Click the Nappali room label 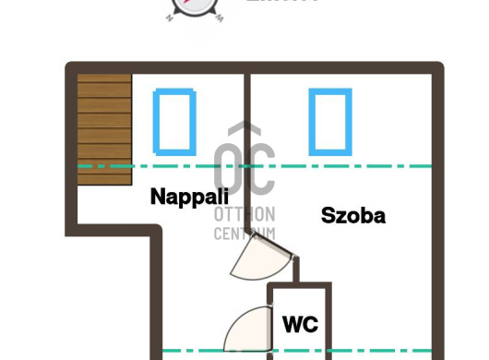tap(188, 197)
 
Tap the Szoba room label tap(352, 216)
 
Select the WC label tap(300, 324)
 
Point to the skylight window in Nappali tap(175, 120)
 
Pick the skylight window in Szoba tap(329, 120)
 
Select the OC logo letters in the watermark tap(244, 166)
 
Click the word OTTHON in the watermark tap(244, 214)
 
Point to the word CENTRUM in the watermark tap(244, 233)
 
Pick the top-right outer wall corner tap(437, 68)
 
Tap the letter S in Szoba tap(328, 216)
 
